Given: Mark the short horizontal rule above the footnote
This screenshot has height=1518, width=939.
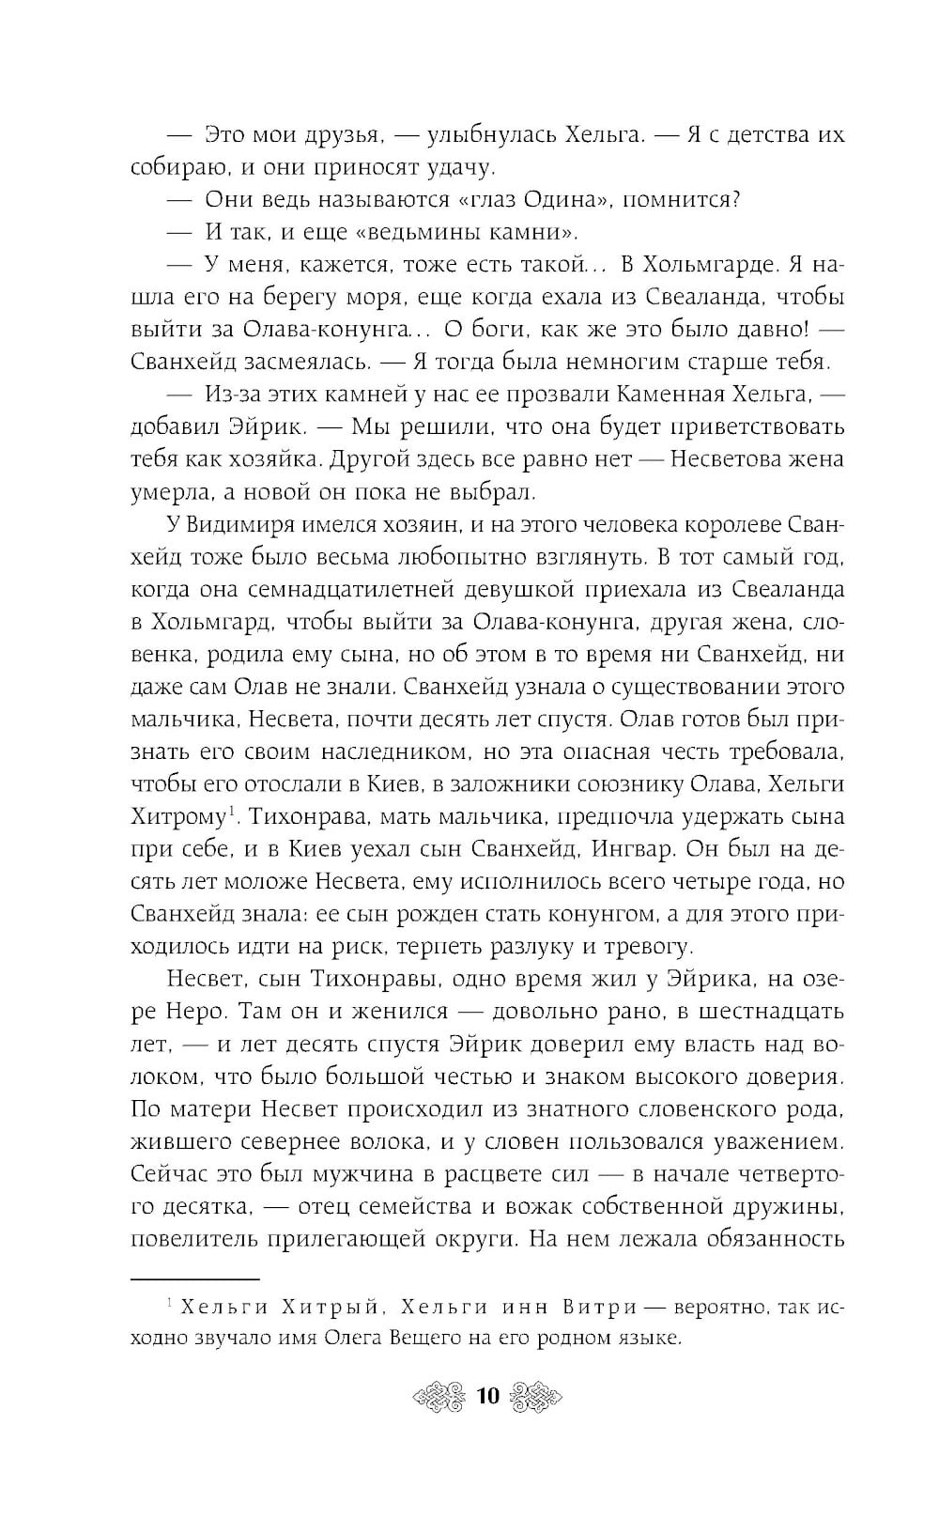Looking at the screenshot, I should click(x=194, y=1278).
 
